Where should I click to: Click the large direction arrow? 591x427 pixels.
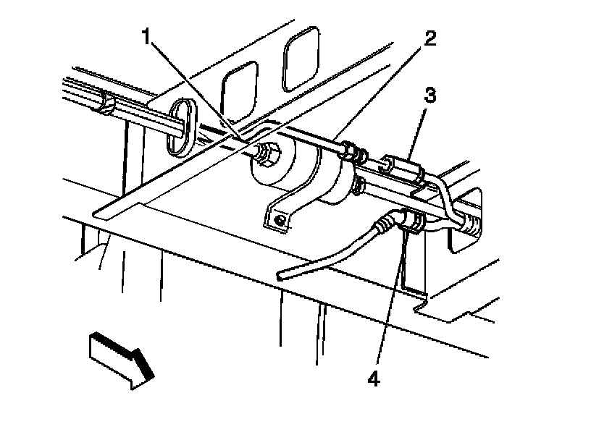120,357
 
